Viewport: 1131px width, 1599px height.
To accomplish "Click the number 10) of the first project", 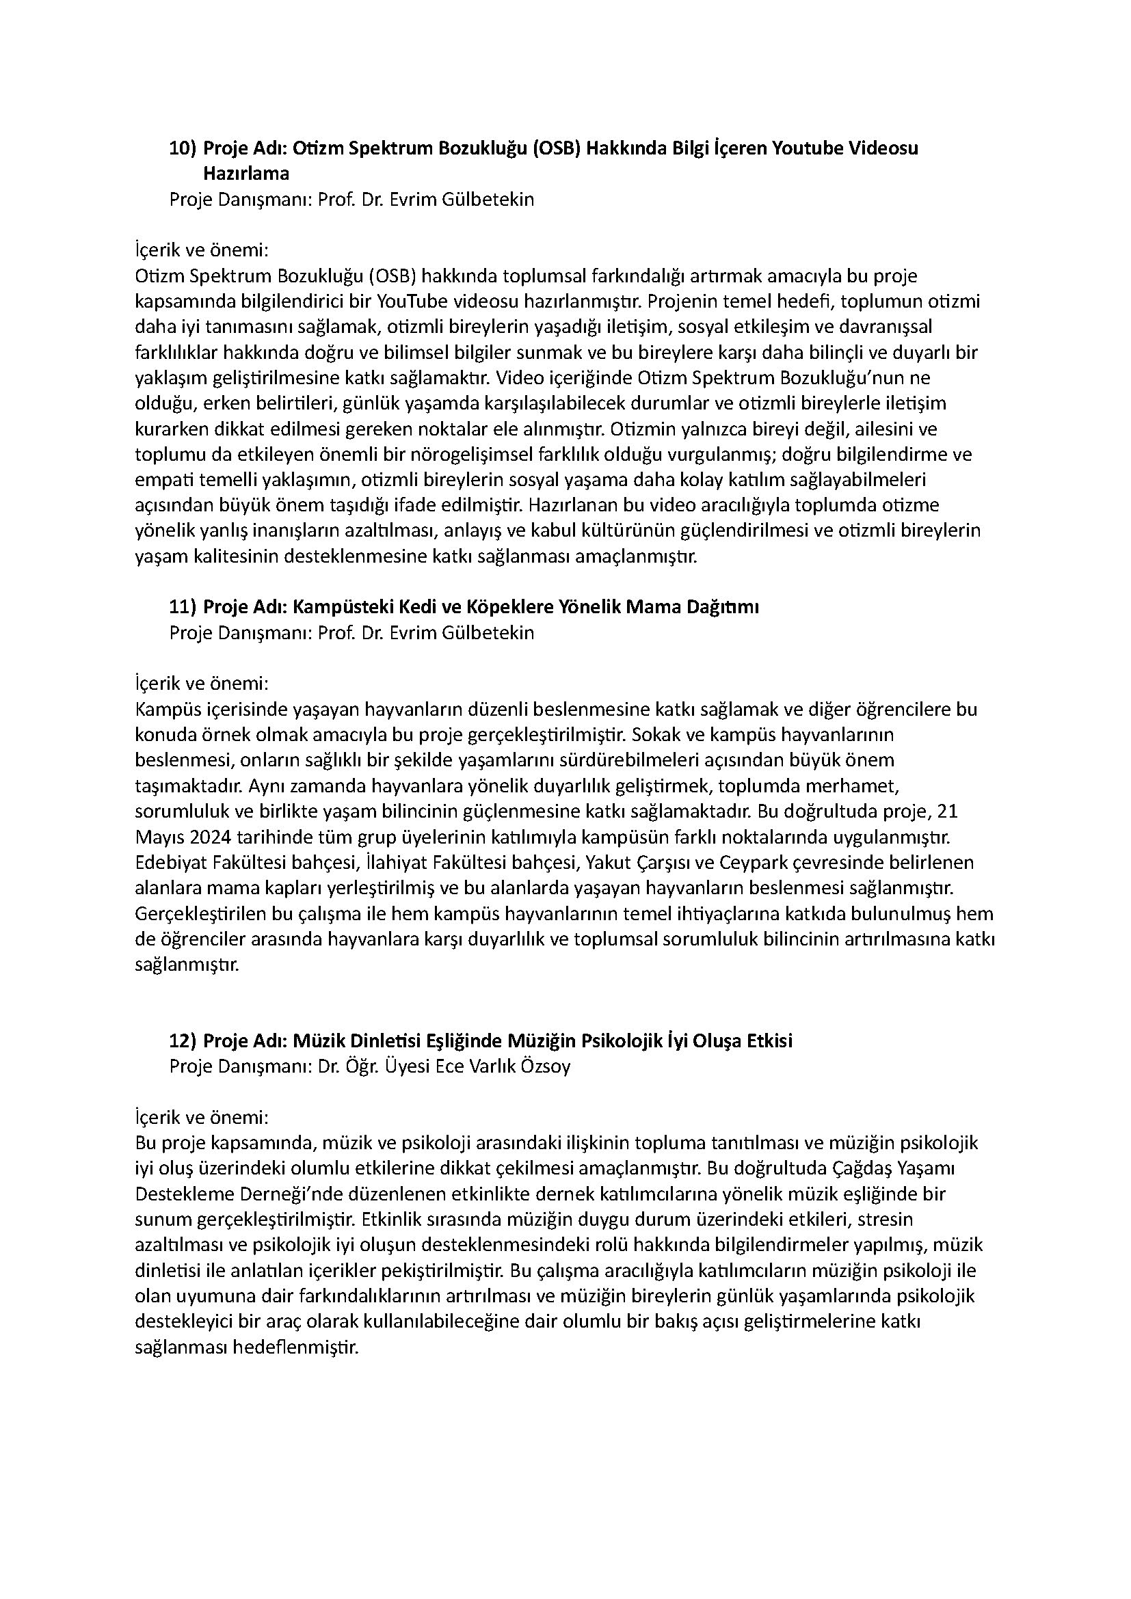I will [183, 148].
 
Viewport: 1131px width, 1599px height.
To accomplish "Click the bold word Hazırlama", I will [246, 174].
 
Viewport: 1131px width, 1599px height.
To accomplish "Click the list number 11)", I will [183, 607].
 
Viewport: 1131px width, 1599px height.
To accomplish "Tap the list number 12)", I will [183, 1041].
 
